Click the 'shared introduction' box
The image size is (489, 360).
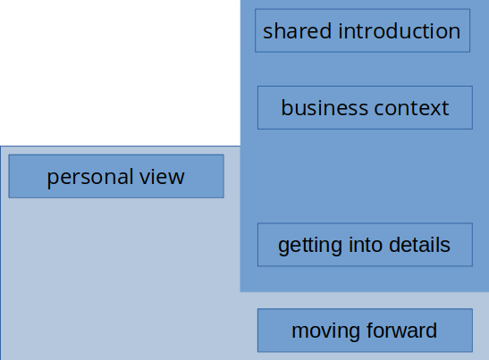(x=362, y=30)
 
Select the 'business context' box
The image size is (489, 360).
(x=365, y=107)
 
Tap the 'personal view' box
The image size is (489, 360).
(x=116, y=176)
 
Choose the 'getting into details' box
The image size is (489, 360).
(x=365, y=245)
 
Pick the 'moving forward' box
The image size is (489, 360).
(x=365, y=331)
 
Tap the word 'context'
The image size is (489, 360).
(x=411, y=108)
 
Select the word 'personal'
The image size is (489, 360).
(x=90, y=177)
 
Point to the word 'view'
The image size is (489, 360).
(x=162, y=176)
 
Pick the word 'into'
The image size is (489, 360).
(x=367, y=245)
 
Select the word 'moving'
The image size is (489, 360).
(x=326, y=331)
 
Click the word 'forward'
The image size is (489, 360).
(x=401, y=331)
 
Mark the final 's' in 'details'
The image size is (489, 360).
(x=446, y=247)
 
